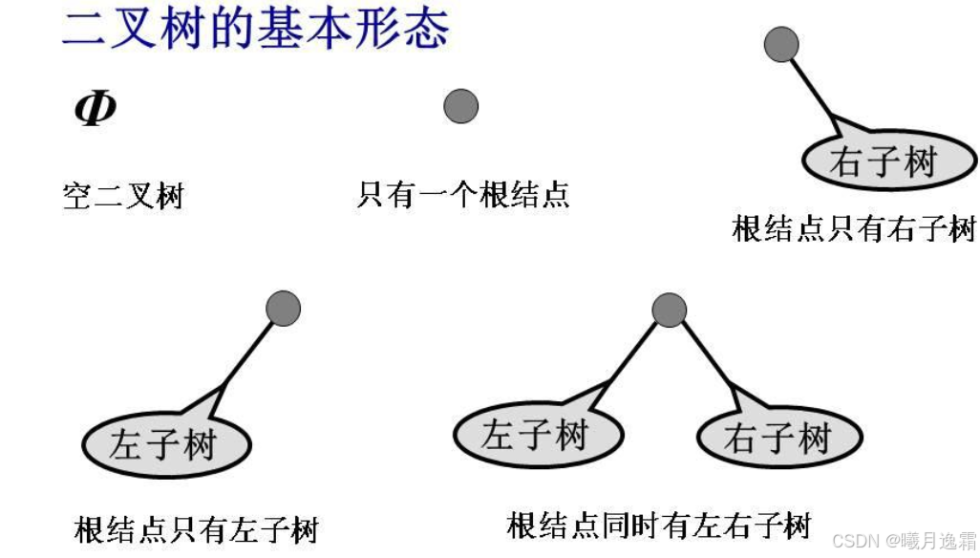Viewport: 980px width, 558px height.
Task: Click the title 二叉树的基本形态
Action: click(255, 29)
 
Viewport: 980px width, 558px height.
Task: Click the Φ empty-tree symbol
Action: click(95, 109)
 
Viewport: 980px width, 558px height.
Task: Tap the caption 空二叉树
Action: click(122, 197)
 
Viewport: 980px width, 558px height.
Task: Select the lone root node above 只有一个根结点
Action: click(460, 105)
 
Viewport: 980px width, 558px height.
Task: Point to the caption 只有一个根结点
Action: click(463, 195)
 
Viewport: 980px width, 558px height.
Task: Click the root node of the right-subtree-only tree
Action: click(782, 44)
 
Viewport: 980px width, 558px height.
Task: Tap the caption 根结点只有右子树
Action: click(854, 229)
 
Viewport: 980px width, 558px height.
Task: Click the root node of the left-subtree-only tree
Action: click(283, 308)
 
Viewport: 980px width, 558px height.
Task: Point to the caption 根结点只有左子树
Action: click(196, 528)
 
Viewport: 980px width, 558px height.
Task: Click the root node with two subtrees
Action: click(669, 310)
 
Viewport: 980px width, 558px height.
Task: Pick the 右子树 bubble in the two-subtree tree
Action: click(778, 440)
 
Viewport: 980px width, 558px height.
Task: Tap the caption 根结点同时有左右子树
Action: click(659, 525)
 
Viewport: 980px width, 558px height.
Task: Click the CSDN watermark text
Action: click(904, 541)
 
